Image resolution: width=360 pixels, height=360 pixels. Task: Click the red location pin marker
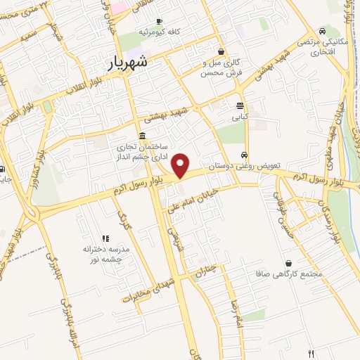pyautogui.click(x=181, y=165)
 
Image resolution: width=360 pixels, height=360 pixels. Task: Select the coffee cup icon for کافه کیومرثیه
pyautogui.click(x=159, y=22)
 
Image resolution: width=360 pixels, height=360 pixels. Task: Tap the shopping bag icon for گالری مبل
pyautogui.click(x=221, y=51)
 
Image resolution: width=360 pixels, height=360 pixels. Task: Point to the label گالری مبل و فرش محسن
pyautogui.click(x=221, y=67)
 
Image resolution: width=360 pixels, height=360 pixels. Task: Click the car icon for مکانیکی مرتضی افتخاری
pyautogui.click(x=322, y=31)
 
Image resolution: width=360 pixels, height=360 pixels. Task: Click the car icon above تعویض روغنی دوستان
pyautogui.click(x=244, y=155)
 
